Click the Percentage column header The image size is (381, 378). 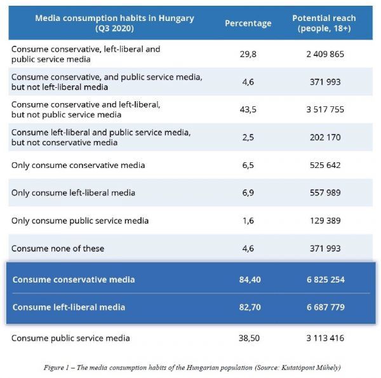coord(248,24)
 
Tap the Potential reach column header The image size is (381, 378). coord(324,23)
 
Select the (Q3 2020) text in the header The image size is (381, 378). coord(114,29)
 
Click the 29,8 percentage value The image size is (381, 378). coord(248,54)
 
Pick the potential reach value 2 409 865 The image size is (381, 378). coord(325,54)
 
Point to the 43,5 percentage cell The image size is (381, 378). coord(248,109)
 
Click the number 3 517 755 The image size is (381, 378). coord(325,109)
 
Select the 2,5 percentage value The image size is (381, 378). coord(248,137)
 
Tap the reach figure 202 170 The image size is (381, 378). coord(325,137)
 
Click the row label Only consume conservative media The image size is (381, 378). coord(78,165)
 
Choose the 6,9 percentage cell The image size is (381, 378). coord(248,193)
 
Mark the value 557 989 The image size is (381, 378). coord(325,193)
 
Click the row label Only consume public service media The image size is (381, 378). coord(80,221)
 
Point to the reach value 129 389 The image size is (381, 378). coord(325,221)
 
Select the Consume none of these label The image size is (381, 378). coord(58,248)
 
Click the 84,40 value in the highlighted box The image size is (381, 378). coord(250,279)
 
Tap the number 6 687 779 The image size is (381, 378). coord(326,307)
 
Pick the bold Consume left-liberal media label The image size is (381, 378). coord(69,307)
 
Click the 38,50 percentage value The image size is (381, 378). coord(249,338)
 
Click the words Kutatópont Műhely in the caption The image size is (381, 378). coord(310,368)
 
